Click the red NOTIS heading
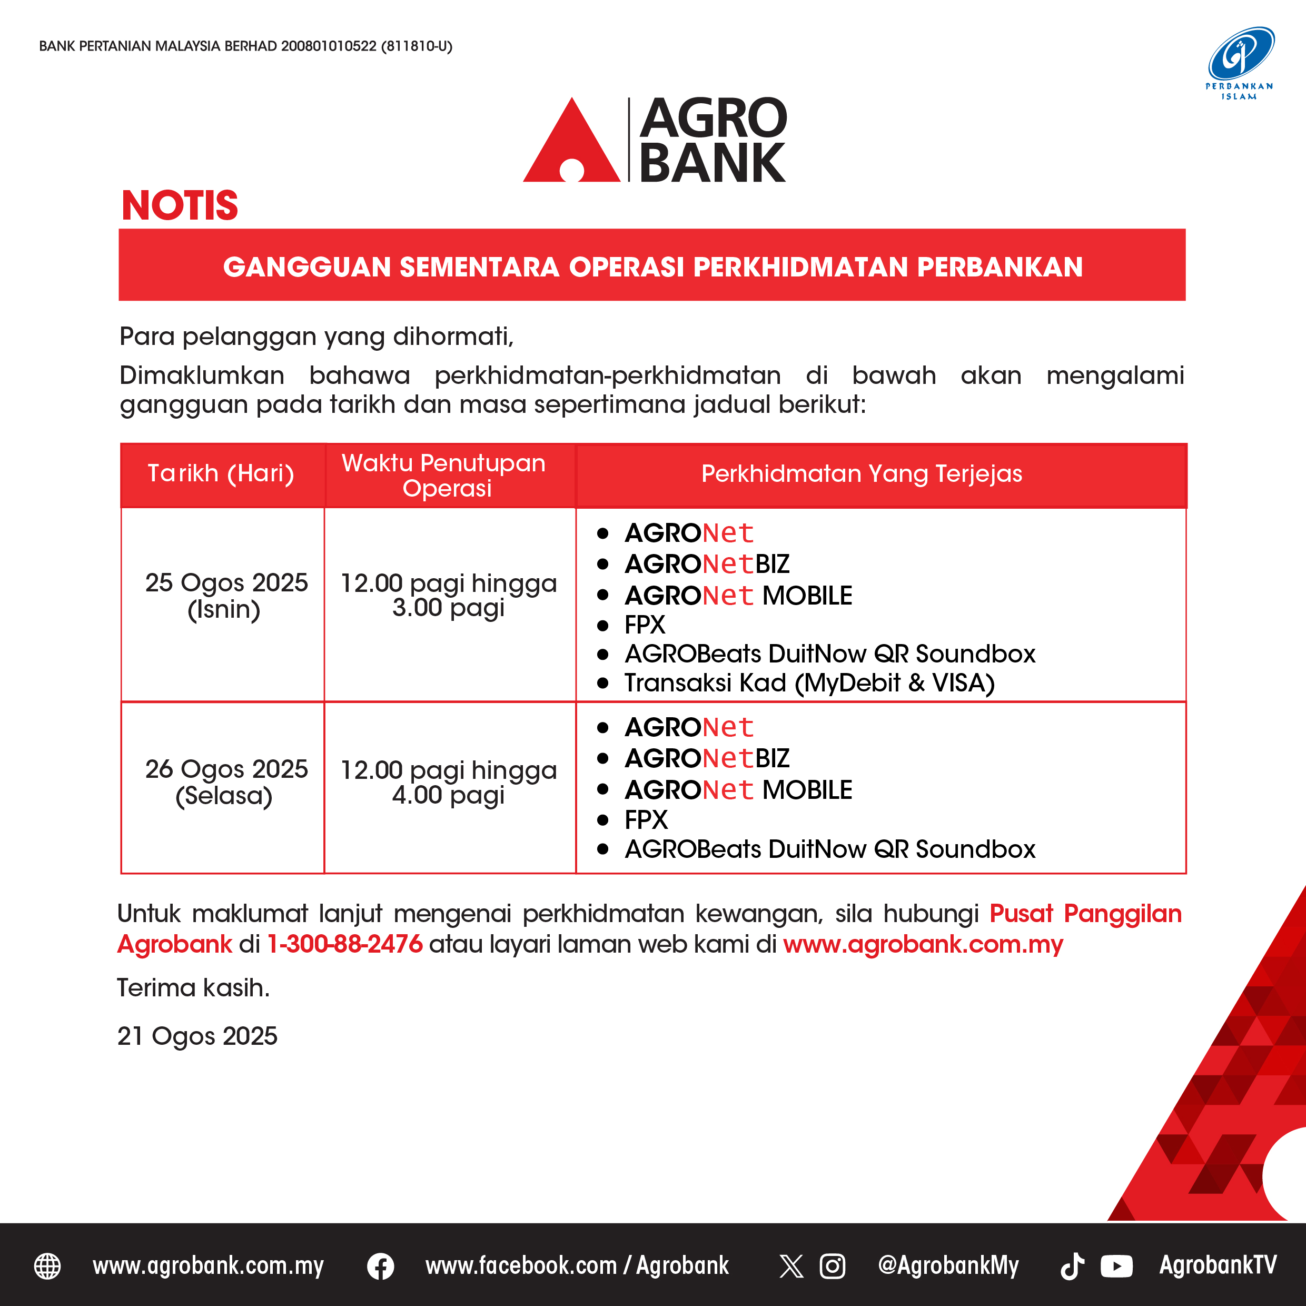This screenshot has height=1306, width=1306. (x=180, y=205)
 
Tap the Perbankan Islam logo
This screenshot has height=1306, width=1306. (x=1240, y=63)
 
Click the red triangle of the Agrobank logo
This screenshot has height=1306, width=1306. (x=571, y=140)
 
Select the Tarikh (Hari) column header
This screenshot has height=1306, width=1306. (x=221, y=473)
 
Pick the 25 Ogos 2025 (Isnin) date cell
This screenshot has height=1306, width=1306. (x=226, y=596)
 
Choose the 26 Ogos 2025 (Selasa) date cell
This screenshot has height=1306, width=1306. (x=226, y=782)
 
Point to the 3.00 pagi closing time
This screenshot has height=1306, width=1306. (x=448, y=608)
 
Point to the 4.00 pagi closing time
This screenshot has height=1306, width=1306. (x=448, y=795)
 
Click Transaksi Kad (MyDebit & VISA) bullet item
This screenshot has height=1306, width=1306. (x=809, y=682)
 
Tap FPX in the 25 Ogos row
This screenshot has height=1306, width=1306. (x=645, y=625)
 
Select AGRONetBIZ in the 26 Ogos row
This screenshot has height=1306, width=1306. (x=707, y=758)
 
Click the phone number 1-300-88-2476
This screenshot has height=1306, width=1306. (x=345, y=944)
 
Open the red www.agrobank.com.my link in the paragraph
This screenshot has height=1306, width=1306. (x=923, y=944)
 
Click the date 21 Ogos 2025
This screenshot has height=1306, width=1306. (x=197, y=1036)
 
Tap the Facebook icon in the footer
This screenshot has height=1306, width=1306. (x=381, y=1266)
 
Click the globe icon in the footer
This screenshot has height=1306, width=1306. (x=47, y=1266)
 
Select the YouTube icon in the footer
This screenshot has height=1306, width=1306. (x=1116, y=1266)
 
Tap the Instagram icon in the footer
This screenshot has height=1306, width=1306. (x=832, y=1266)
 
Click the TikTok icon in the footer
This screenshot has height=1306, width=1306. (x=1072, y=1266)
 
